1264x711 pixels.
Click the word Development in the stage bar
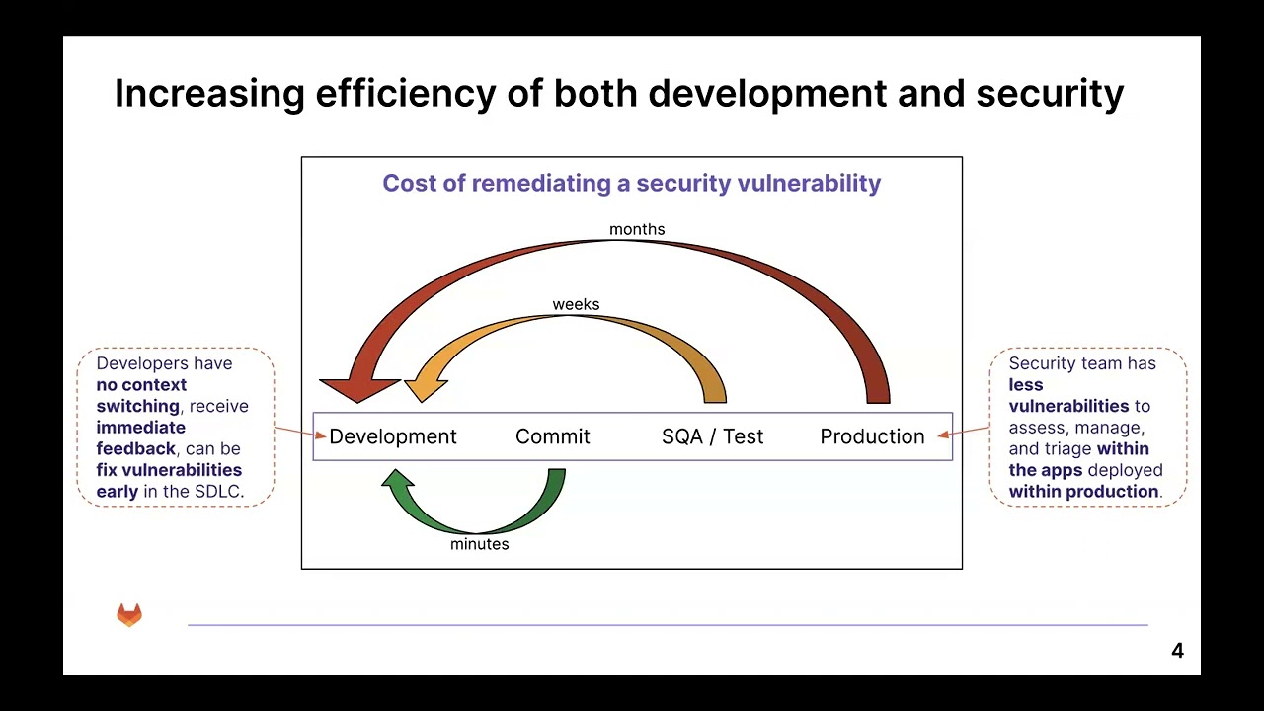392,436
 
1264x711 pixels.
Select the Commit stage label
552,436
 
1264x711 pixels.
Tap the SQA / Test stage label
712,436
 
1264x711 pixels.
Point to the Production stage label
872,436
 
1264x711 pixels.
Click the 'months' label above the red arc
637,229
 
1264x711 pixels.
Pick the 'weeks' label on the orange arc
576,304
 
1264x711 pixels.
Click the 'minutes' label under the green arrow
479,544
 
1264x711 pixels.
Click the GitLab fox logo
129,615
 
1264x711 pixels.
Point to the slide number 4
1177,651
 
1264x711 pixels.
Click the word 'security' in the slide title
1050,93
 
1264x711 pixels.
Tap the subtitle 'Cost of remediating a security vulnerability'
631,183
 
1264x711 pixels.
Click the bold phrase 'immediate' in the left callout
140,428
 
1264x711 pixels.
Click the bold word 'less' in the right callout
1026,385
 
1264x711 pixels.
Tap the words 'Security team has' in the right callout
1081,363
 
